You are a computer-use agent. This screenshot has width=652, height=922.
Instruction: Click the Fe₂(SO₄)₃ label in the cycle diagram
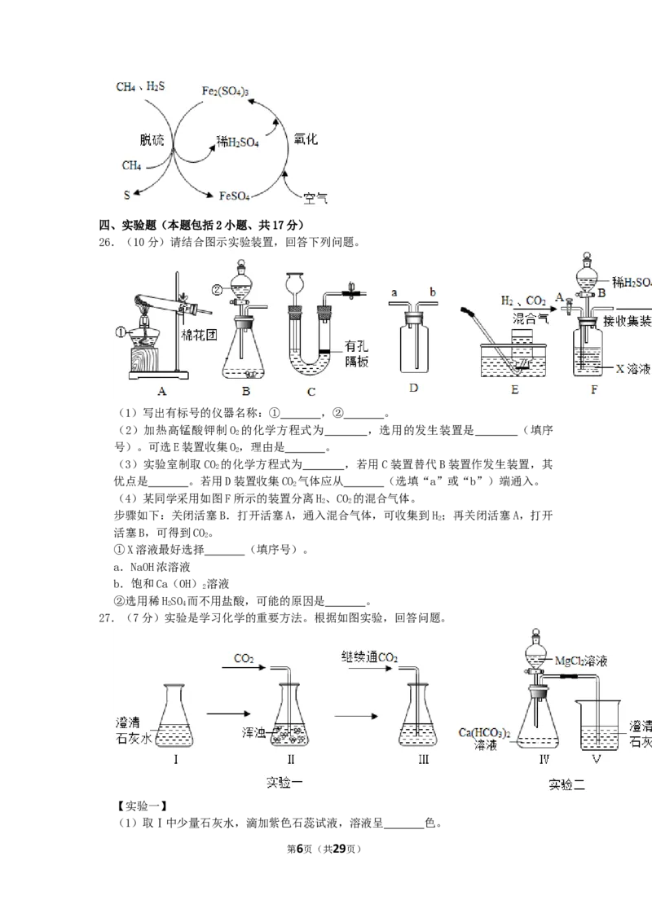[x=225, y=91]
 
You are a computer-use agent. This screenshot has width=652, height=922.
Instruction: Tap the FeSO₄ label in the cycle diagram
[x=234, y=195]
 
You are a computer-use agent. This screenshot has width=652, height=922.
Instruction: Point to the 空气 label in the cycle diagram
[x=315, y=198]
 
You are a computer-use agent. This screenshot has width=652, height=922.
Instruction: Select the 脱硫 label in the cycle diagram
[x=152, y=140]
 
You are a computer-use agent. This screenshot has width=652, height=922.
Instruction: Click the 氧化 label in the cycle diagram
[x=306, y=139]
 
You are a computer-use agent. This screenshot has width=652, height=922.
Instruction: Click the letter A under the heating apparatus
[x=162, y=391]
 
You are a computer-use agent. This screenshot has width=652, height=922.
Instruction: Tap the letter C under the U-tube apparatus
[x=311, y=392]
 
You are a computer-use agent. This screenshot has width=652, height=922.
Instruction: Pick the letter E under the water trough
[x=515, y=390]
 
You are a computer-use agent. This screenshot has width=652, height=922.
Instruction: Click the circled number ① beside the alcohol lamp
[x=121, y=333]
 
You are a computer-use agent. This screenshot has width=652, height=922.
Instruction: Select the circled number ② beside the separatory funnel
[x=218, y=289]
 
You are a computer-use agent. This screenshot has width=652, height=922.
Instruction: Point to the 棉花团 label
[x=199, y=336]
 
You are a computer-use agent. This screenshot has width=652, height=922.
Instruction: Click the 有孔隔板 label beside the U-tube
[x=357, y=354]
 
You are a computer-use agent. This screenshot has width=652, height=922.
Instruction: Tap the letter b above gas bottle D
[x=433, y=292]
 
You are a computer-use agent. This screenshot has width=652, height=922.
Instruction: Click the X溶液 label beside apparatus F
[x=633, y=369]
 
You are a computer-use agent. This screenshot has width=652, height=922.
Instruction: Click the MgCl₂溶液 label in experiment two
[x=581, y=661]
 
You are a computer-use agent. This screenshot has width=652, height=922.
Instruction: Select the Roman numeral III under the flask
[x=424, y=759]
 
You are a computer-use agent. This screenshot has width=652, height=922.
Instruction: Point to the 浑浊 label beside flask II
[x=253, y=733]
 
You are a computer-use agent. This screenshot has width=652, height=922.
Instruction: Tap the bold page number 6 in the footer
[x=299, y=849]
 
